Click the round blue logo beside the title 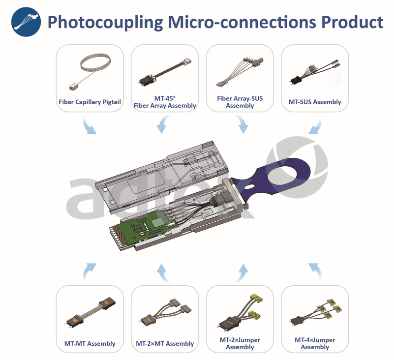click(x=26, y=22)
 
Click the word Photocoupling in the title click(x=105, y=23)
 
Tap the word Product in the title click(x=352, y=22)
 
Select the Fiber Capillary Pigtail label click(x=90, y=102)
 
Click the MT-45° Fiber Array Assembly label click(x=165, y=102)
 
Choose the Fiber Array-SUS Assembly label click(x=240, y=102)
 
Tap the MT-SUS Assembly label click(x=315, y=102)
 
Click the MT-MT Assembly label click(x=90, y=343)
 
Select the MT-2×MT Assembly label click(x=165, y=343)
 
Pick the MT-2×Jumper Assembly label click(x=240, y=343)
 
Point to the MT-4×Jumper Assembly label click(x=315, y=343)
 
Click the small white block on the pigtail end click(x=74, y=87)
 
